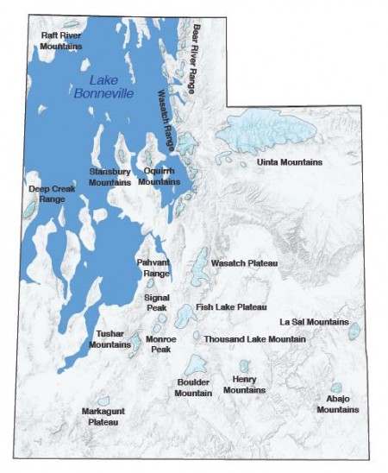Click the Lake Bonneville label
(104, 86)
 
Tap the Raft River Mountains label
(61, 40)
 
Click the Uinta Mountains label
(290, 161)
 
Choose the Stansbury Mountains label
(110, 176)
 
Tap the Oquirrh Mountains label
(159, 176)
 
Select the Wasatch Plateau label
(244, 262)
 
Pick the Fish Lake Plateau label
(231, 306)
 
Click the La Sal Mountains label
(314, 321)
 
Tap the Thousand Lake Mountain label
(255, 339)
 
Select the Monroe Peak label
(161, 344)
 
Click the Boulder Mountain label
(193, 388)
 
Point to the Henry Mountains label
(244, 384)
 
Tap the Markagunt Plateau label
(100, 416)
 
